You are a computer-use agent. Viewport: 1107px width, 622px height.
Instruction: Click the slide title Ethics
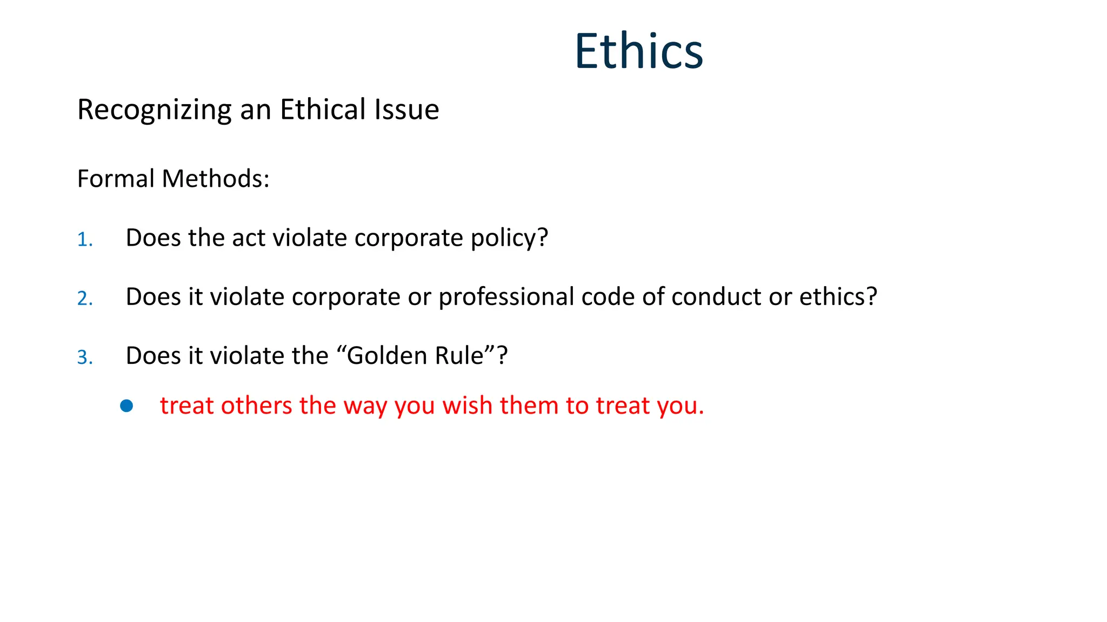click(x=638, y=51)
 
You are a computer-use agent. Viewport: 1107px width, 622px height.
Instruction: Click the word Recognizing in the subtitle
click(x=154, y=110)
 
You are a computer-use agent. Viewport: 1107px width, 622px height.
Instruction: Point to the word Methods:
click(x=216, y=179)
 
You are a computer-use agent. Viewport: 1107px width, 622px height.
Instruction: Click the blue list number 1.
click(x=84, y=239)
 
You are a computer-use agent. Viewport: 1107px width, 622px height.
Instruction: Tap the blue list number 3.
click(x=84, y=357)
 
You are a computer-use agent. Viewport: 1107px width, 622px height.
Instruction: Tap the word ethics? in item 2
click(x=838, y=297)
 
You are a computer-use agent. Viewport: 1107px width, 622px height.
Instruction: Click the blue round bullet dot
click(x=126, y=406)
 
